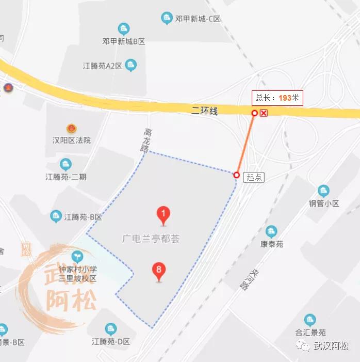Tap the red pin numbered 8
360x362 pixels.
[x=159, y=271]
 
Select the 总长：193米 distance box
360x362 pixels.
[x=277, y=98]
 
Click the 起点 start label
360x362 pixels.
[x=254, y=177]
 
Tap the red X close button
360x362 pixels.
[x=264, y=113]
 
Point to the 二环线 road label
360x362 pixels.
[x=205, y=111]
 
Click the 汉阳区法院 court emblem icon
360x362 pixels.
[x=71, y=128]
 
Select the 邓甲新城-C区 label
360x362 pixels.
[x=198, y=19]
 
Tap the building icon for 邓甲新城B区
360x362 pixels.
[x=123, y=28]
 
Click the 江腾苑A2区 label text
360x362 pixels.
[x=103, y=66]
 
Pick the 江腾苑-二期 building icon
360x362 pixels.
[x=66, y=165]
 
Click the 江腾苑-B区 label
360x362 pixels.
[x=83, y=217]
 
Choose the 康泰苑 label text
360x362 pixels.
[x=272, y=244]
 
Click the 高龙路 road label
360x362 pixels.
[x=145, y=139]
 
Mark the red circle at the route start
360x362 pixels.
[x=237, y=175]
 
